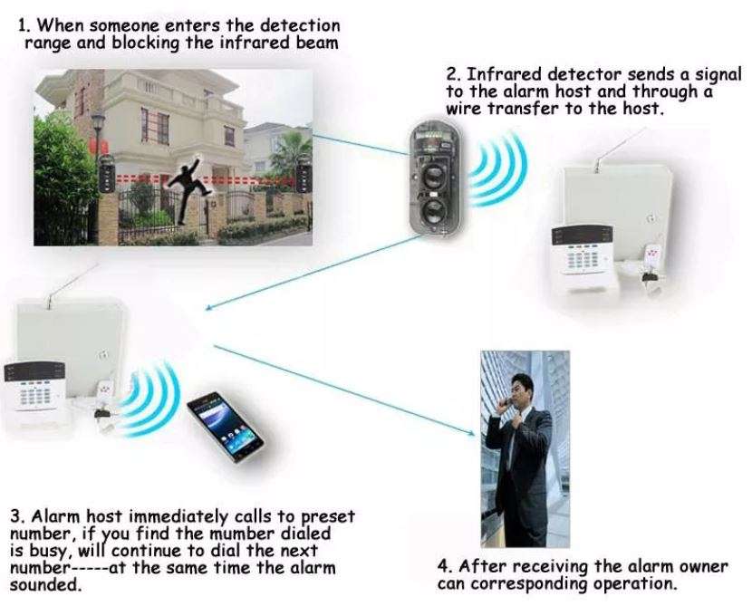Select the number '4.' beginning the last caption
tap(444, 567)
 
